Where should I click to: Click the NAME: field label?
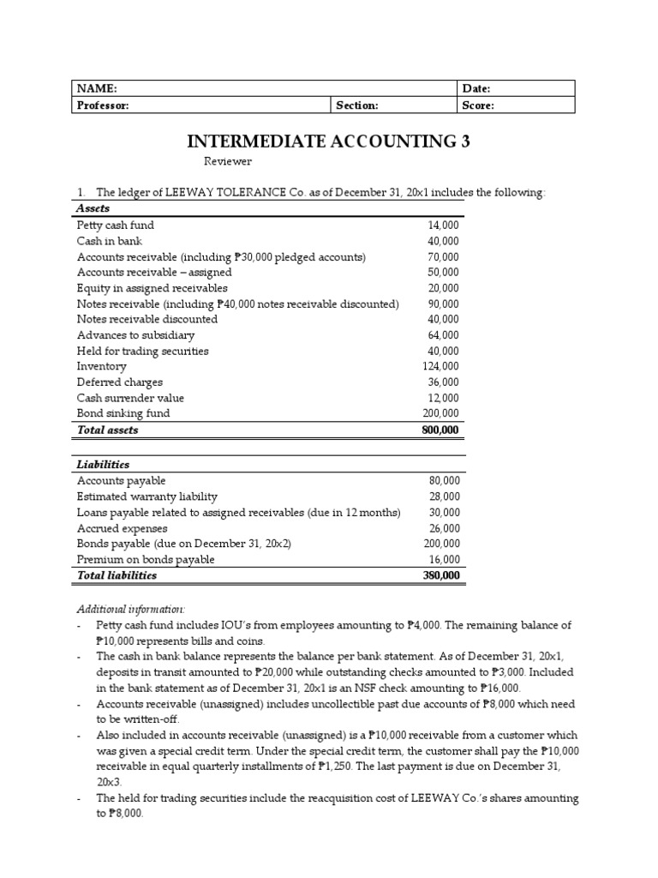[96, 88]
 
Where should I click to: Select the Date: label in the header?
[476, 88]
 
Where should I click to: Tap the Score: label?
[478, 105]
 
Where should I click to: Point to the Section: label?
[357, 105]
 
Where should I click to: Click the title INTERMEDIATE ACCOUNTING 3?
[329, 141]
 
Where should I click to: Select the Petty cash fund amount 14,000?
[442, 226]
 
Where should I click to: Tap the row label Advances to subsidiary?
[135, 335]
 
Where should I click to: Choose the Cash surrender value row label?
[130, 398]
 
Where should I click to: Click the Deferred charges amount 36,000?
[442, 382]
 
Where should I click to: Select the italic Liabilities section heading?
[103, 464]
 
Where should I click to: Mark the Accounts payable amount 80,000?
[444, 481]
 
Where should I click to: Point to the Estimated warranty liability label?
[147, 496]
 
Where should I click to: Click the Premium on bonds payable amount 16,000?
[444, 559]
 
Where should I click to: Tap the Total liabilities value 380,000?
[440, 575]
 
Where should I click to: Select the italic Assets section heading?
[93, 208]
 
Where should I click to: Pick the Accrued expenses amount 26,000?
[444, 528]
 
